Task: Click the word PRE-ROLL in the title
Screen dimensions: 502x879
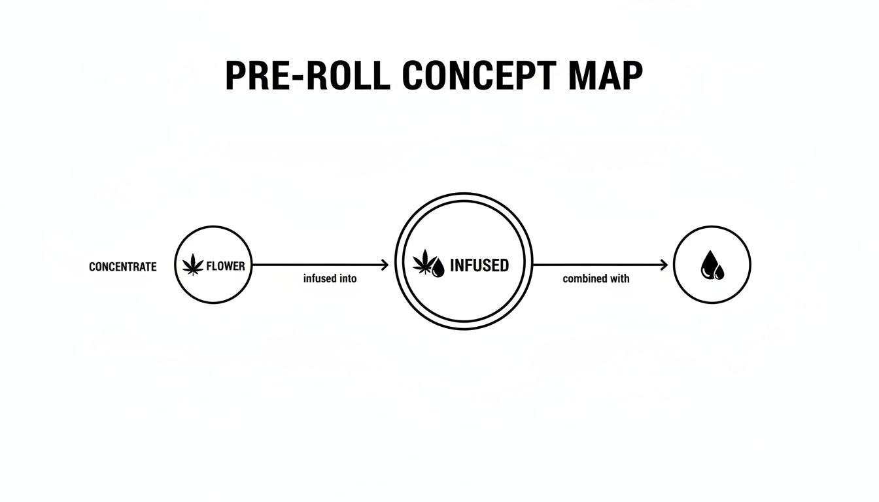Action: point(307,76)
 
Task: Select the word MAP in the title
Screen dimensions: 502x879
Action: point(606,76)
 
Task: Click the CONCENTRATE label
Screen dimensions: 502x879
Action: point(122,267)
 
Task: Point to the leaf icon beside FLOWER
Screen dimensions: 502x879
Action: point(193,266)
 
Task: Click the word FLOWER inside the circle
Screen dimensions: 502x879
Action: point(225,267)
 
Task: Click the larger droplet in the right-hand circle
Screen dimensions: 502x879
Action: point(708,265)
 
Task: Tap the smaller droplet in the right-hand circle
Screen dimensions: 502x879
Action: point(719,271)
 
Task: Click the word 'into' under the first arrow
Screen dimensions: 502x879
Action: point(348,278)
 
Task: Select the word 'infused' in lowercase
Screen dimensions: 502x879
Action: point(319,278)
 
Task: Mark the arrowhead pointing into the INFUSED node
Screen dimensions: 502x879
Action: point(385,265)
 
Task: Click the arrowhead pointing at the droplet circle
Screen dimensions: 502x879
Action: point(664,265)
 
